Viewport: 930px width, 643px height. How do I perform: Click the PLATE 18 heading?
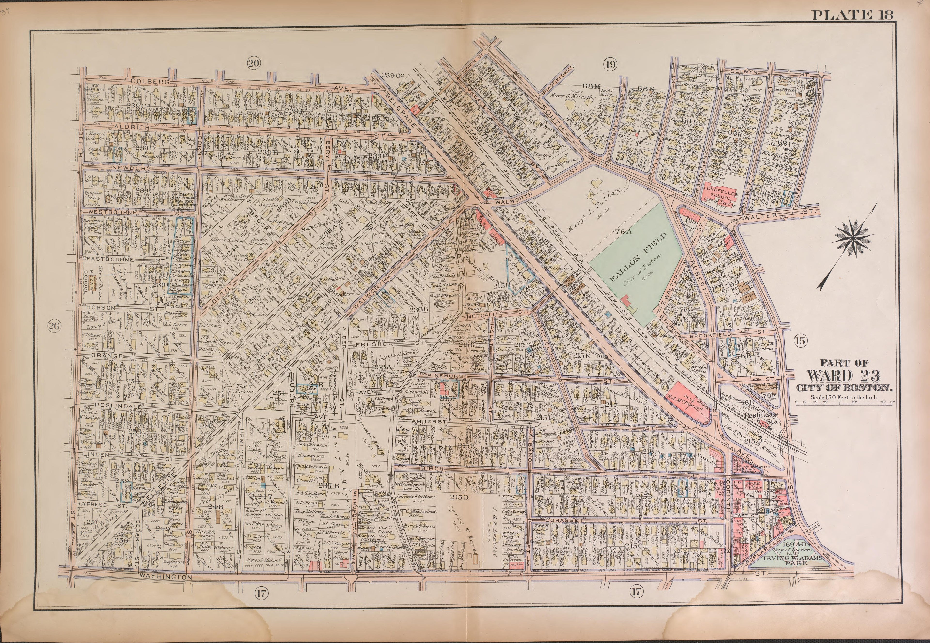point(852,15)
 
